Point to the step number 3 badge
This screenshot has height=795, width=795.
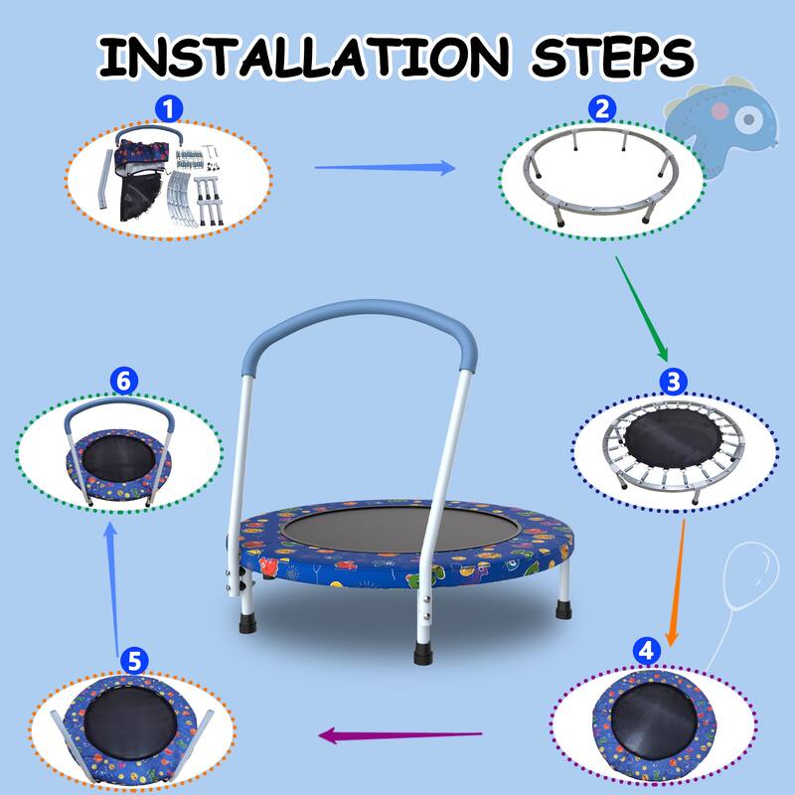674,382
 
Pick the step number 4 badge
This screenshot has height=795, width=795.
646,651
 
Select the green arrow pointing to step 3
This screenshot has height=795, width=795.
641,308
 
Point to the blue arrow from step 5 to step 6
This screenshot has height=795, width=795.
113,586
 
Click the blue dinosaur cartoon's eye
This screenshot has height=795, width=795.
750,121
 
